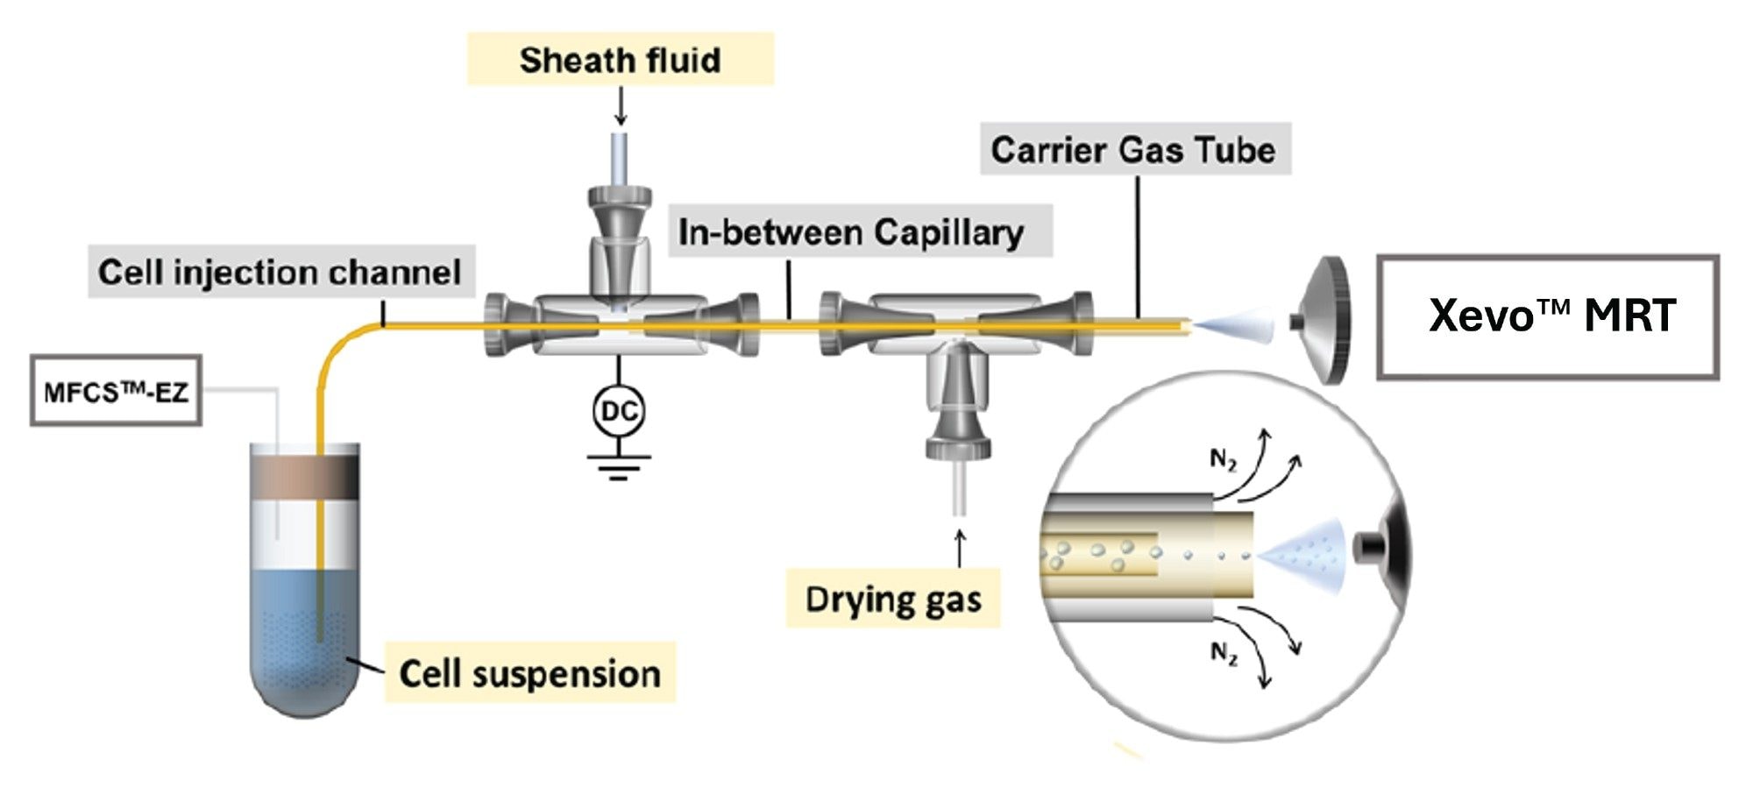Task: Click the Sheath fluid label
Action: pyautogui.click(x=620, y=60)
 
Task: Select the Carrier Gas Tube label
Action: pyautogui.click(x=1133, y=150)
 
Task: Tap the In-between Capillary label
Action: pyautogui.click(x=851, y=232)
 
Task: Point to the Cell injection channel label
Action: pyautogui.click(x=280, y=272)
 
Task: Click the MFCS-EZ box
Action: pyautogui.click(x=117, y=391)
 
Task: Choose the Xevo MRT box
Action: pyautogui.click(x=1548, y=316)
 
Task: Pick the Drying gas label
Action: pyautogui.click(x=893, y=600)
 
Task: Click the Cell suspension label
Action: pyautogui.click(x=529, y=673)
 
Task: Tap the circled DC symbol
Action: pyautogui.click(x=619, y=411)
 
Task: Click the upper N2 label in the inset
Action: pyautogui.click(x=1223, y=459)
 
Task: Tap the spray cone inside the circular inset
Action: pyautogui.click(x=1307, y=554)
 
